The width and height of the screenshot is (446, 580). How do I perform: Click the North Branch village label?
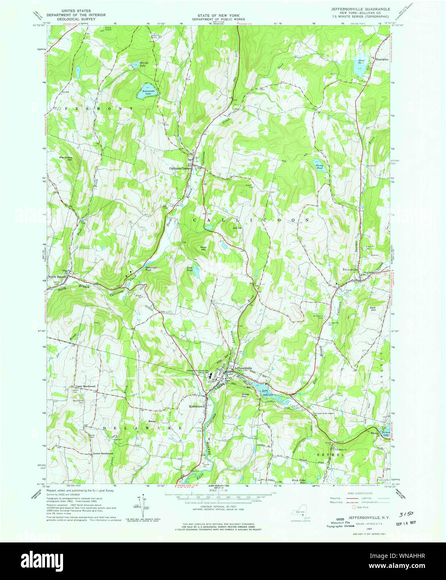[x=57, y=277]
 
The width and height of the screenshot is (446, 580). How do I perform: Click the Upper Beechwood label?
[x=85, y=386]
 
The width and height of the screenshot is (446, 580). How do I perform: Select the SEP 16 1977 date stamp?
[x=403, y=522]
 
